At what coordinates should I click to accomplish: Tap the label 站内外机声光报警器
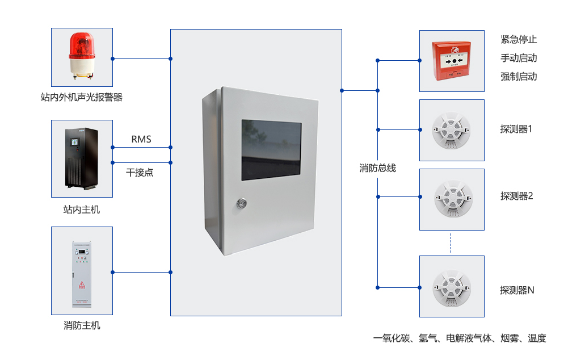coord(82,97)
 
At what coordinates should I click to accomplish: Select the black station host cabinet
coord(82,158)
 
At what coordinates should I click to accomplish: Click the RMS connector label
coord(141,139)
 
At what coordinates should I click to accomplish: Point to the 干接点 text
coord(140,172)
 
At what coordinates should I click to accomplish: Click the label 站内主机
coord(82,210)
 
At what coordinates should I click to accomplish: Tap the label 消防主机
coord(82,325)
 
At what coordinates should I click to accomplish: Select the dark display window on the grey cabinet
coord(271,150)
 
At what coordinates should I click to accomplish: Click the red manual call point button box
coord(452,60)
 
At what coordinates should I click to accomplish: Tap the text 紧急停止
coord(519,40)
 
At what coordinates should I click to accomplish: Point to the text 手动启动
coord(519,58)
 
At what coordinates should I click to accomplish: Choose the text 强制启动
coord(519,76)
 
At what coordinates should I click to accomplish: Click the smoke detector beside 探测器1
coord(452,130)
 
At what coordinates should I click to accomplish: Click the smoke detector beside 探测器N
coord(452,286)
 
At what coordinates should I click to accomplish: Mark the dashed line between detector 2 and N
coord(451,243)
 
